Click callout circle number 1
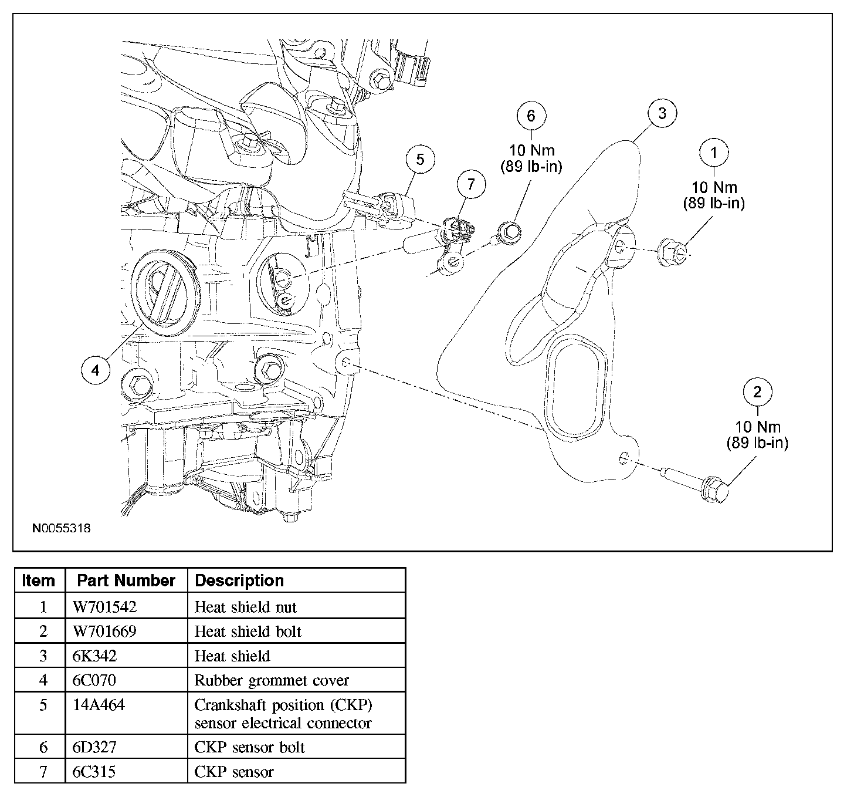tap(714, 153)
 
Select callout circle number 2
tap(757, 392)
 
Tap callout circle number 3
tap(662, 113)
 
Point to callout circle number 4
tap(96, 370)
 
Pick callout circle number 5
tap(420, 159)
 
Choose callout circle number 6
tap(531, 116)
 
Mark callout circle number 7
tap(471, 184)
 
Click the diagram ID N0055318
tap(62, 528)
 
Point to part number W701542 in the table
tap(104, 607)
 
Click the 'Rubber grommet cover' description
tap(272, 680)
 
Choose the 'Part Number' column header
tap(126, 580)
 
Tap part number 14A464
tap(99, 705)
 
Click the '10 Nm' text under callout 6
tap(532, 150)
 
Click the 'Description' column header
tap(239, 580)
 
